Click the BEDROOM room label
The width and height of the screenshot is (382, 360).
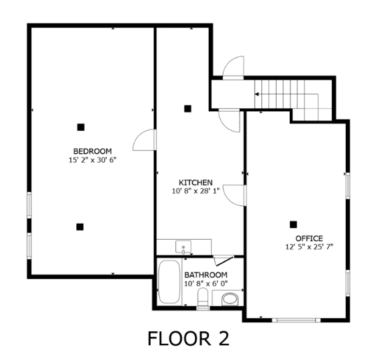point(92,151)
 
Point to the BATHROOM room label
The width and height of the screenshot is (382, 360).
point(206,275)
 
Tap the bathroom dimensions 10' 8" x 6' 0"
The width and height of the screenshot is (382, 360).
point(206,284)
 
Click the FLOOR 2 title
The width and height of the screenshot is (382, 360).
point(188,338)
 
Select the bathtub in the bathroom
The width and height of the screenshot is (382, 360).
point(168,282)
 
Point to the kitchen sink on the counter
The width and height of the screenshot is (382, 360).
point(184,246)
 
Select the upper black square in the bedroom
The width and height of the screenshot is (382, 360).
point(81,127)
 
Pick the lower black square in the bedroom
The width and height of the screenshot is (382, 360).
point(80,226)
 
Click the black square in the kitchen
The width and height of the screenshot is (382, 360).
point(187,108)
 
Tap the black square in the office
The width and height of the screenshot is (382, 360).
point(293,224)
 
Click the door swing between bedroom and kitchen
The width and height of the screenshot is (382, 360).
point(145,140)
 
